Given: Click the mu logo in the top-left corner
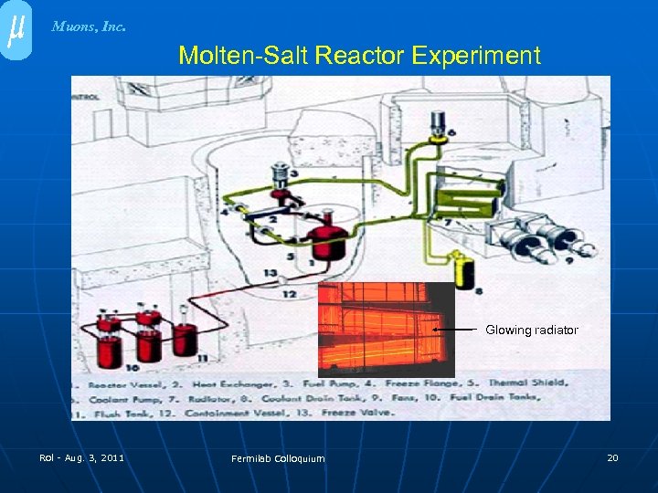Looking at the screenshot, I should [x=15, y=30].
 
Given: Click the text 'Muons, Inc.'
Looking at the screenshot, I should [x=89, y=26].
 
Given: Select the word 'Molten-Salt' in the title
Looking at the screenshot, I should [x=243, y=56].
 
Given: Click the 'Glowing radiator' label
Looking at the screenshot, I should [x=531, y=330].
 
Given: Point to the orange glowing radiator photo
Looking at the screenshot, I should [x=386, y=329].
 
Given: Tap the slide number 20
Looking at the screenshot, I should [x=612, y=456].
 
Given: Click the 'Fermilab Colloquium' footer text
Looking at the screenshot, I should [x=278, y=458].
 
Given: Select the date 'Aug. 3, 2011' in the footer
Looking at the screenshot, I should [x=94, y=457].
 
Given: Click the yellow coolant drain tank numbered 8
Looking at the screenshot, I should [x=466, y=270].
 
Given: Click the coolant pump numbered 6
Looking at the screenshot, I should [x=440, y=121].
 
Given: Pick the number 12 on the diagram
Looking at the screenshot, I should [x=289, y=294].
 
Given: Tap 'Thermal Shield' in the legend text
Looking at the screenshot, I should [x=527, y=383].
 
